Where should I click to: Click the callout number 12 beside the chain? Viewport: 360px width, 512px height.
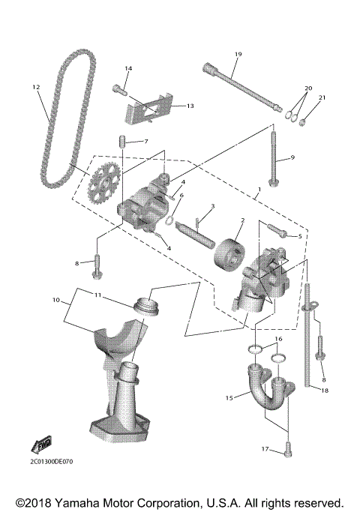coord(35,87)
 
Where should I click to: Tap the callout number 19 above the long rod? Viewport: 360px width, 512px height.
coord(238,54)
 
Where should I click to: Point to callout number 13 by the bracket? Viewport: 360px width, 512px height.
coord(190,106)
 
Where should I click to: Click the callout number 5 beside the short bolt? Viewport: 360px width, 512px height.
coord(300,235)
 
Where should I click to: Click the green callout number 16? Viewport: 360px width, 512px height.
coord(277,340)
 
